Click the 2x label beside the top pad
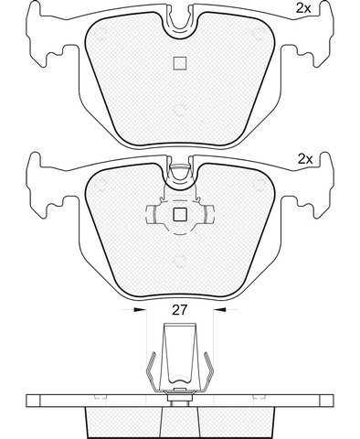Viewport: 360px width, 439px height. pos(303,8)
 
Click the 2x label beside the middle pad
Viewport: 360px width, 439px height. pos(305,159)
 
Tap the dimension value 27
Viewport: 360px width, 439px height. pos(179,310)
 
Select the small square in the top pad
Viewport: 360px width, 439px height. pos(180,63)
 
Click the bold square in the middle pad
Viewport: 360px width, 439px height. pos(180,215)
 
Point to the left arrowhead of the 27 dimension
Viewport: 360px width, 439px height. pos(140,310)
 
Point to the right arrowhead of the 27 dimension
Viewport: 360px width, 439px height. pos(220,310)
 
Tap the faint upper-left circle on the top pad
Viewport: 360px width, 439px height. pos(101,34)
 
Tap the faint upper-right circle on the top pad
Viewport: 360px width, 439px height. pos(259,34)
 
